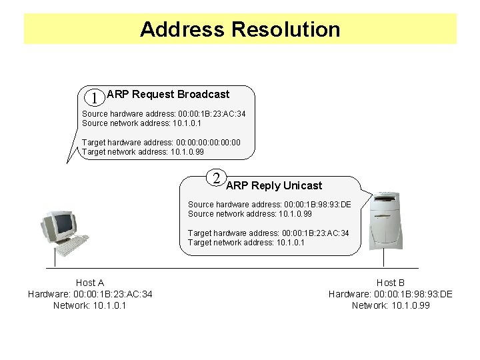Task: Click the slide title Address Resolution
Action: [x=240, y=29]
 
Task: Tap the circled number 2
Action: [x=216, y=177]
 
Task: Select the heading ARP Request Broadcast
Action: [x=168, y=95]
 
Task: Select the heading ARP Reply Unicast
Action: [x=274, y=185]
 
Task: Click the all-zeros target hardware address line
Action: [x=161, y=142]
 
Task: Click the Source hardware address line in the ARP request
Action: [x=163, y=114]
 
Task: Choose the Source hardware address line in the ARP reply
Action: [x=269, y=204]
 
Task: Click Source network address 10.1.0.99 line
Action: [x=249, y=214]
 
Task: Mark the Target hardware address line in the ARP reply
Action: [x=268, y=233]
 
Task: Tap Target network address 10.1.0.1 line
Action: [x=246, y=243]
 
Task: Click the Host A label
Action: [x=90, y=283]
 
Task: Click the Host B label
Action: [x=391, y=283]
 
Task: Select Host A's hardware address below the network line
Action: [x=90, y=294]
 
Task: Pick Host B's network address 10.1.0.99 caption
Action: [x=391, y=305]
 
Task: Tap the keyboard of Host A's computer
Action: [x=72, y=245]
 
